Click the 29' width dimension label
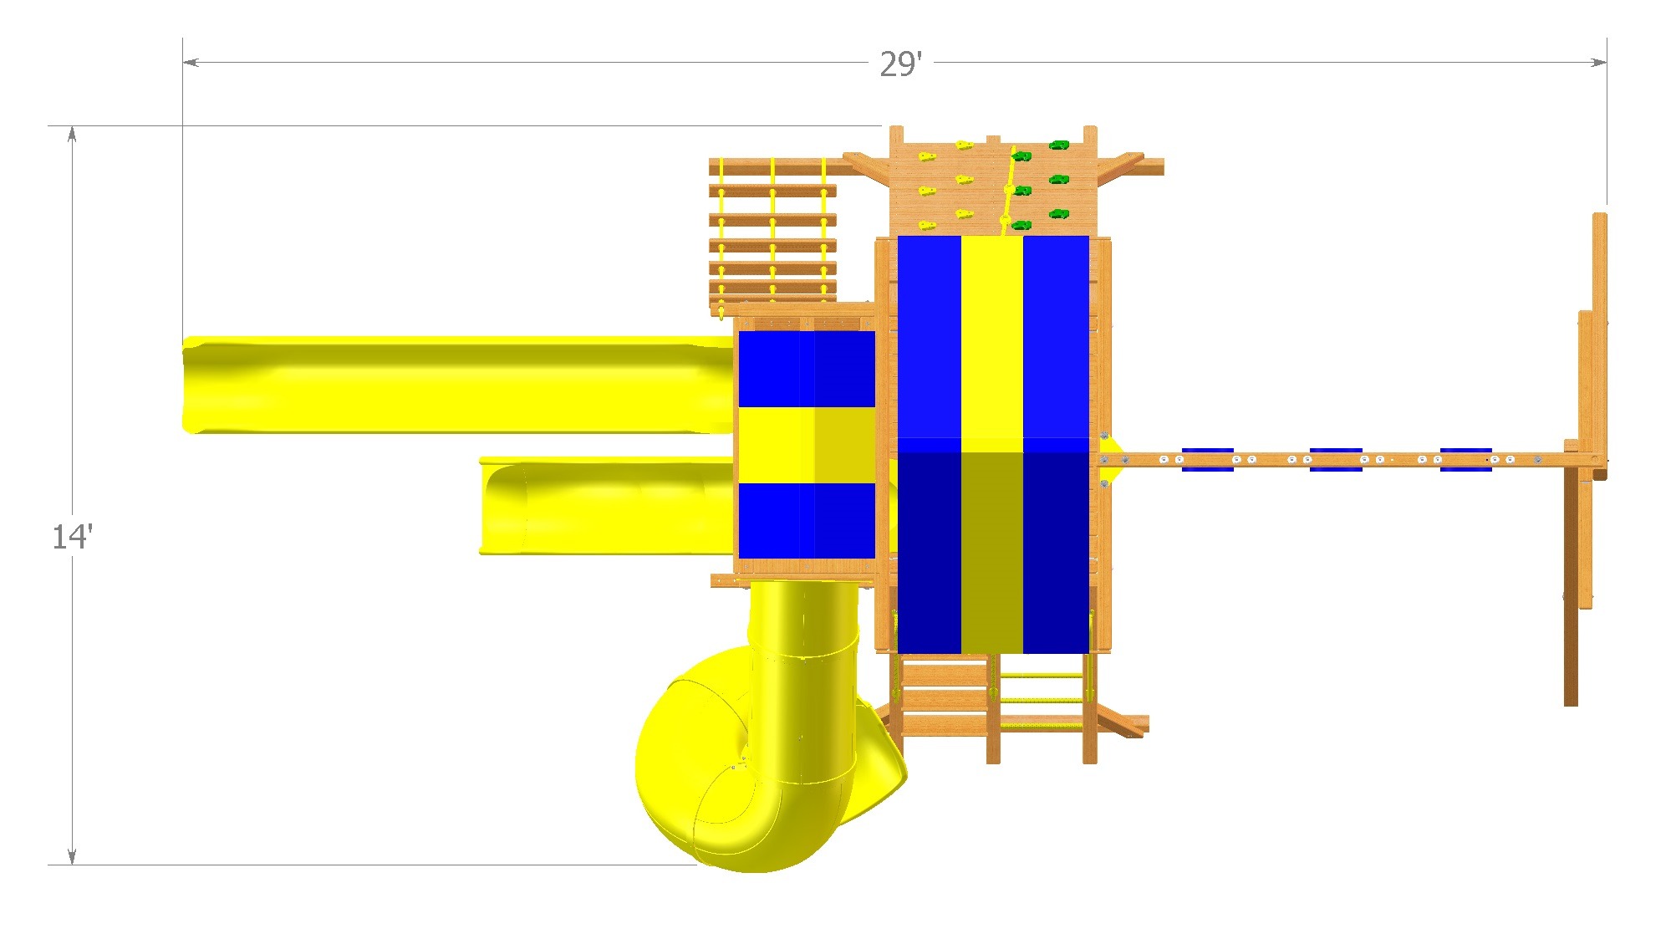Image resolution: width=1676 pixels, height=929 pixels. (900, 64)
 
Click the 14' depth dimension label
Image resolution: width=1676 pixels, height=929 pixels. (72, 536)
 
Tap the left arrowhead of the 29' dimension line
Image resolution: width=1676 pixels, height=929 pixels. (191, 62)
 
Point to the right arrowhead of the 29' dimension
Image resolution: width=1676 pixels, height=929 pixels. (1598, 62)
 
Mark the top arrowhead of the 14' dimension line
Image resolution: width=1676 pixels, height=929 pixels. (72, 135)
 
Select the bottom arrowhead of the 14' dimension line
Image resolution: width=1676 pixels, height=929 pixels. (72, 856)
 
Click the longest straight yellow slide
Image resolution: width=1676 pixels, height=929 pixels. (458, 385)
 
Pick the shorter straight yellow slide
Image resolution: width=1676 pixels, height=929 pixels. (607, 506)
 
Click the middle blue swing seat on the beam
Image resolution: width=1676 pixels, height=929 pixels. (1336, 459)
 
